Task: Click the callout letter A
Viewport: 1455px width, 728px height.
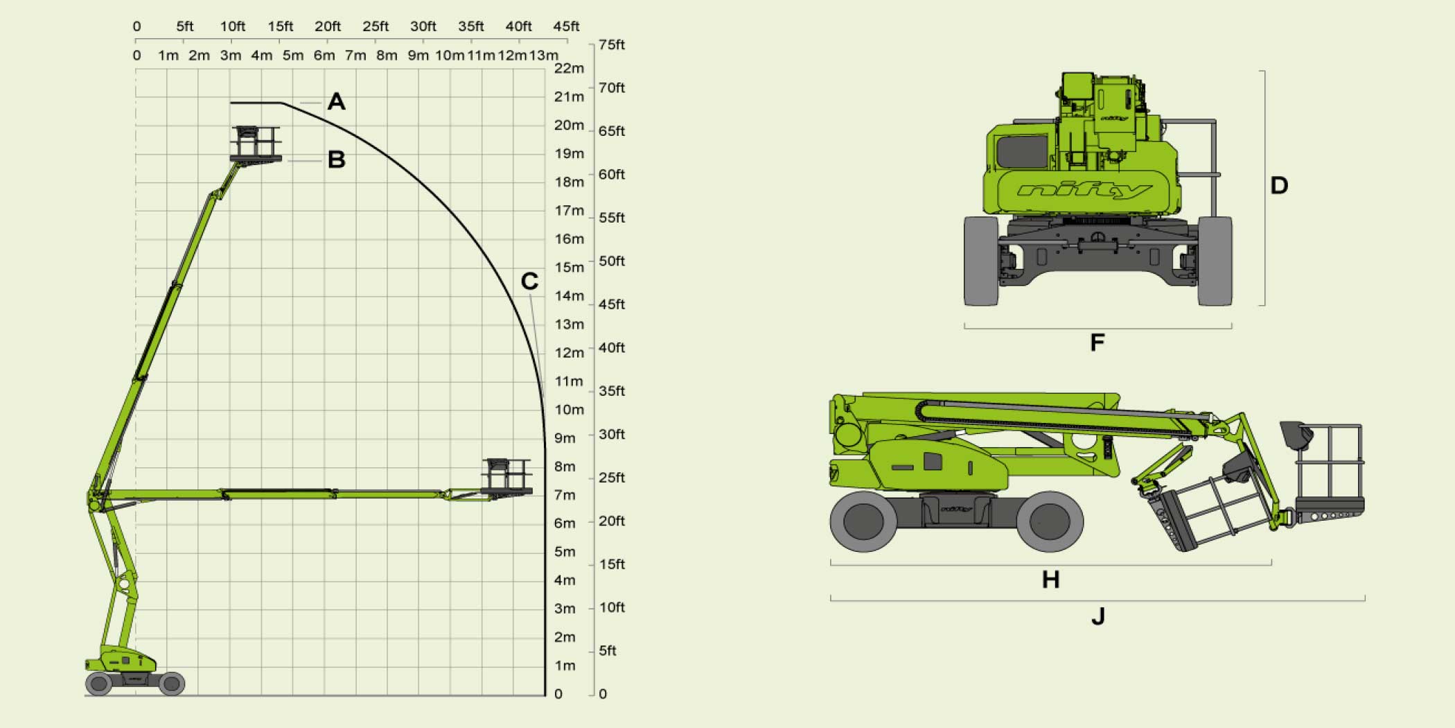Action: tap(336, 102)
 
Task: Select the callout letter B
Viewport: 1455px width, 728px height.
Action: tap(336, 159)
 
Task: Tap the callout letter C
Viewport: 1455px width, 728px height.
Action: tap(529, 281)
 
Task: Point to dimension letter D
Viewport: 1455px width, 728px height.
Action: tap(1279, 185)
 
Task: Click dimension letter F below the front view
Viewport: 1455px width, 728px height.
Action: tap(1097, 343)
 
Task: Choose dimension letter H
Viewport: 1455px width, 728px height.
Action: tap(1050, 580)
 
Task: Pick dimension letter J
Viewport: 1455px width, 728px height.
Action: tap(1098, 616)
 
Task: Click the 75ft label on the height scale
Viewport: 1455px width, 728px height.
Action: tap(612, 44)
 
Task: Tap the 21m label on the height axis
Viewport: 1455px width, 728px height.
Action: tap(569, 97)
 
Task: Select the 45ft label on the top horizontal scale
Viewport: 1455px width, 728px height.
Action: tap(566, 26)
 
